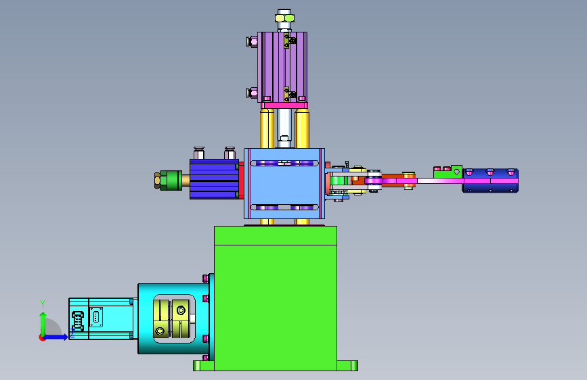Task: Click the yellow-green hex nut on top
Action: pyautogui.click(x=284, y=18)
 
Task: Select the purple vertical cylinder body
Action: pyautogui.click(x=282, y=67)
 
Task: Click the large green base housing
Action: pyautogui.click(x=276, y=298)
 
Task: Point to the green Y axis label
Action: pyautogui.click(x=43, y=304)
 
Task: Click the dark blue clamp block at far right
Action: pyautogui.click(x=490, y=181)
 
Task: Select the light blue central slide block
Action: pyautogui.click(x=284, y=183)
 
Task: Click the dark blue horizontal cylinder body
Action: pyautogui.click(x=214, y=179)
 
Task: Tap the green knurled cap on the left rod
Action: pyautogui.click(x=171, y=181)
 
